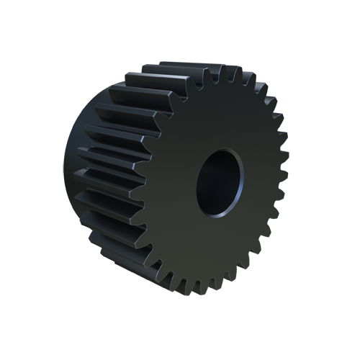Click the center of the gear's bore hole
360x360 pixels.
point(220,183)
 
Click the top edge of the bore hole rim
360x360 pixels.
point(224,149)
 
